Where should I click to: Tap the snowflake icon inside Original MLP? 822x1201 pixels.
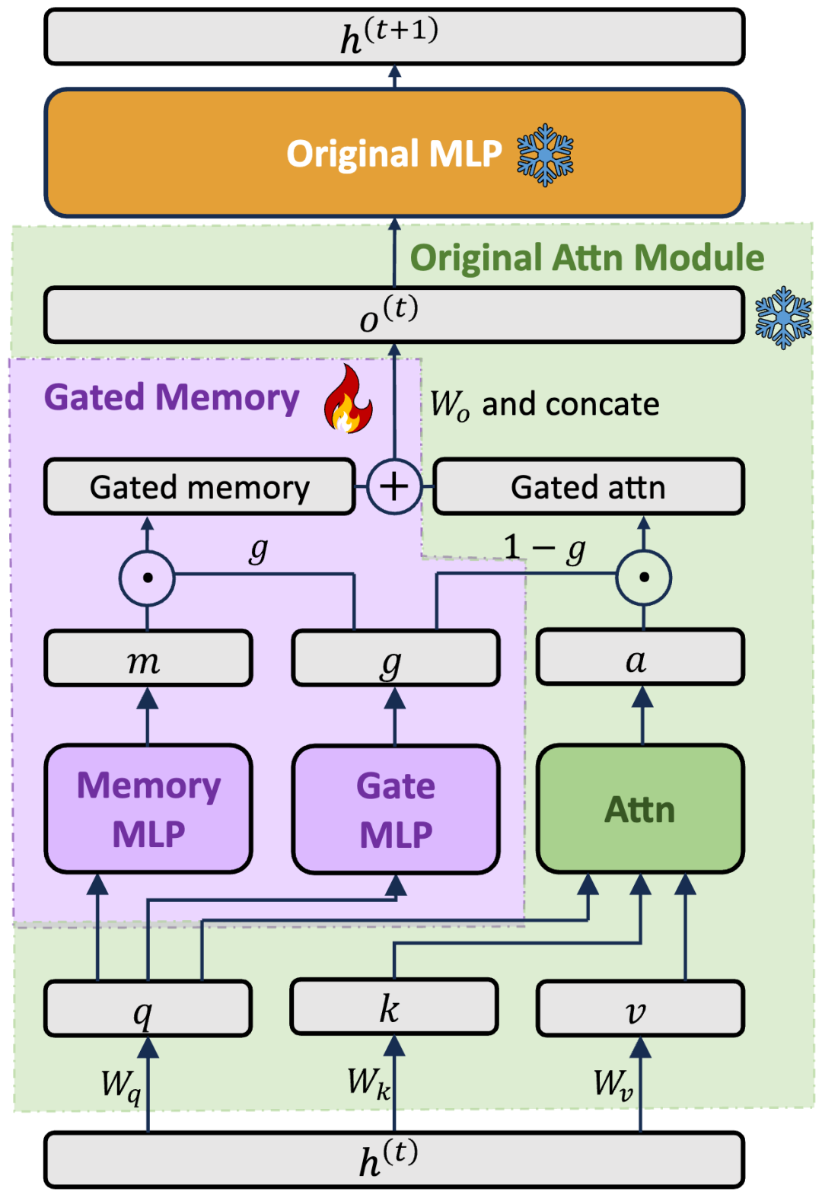point(545,155)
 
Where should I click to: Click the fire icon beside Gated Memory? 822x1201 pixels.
point(348,400)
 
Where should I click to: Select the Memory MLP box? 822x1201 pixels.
point(148,809)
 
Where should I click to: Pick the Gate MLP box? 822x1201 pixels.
point(396,809)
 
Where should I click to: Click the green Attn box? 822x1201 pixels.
point(640,809)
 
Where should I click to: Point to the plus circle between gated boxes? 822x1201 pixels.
point(394,486)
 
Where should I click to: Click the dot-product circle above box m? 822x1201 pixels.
point(148,578)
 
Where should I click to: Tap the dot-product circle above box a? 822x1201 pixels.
point(644,578)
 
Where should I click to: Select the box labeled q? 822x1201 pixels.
point(148,1009)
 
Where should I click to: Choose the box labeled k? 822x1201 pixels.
point(394,1008)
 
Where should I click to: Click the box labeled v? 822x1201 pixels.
point(640,1009)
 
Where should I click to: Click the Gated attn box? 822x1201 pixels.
point(588,487)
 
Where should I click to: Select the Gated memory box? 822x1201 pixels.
point(199,487)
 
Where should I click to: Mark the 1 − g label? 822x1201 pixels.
point(544,547)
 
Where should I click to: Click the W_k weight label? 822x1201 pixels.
point(368,1082)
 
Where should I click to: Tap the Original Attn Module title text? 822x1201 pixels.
point(587,258)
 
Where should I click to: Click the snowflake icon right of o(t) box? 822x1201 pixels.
point(783,317)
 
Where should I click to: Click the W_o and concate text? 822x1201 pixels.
point(544,404)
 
